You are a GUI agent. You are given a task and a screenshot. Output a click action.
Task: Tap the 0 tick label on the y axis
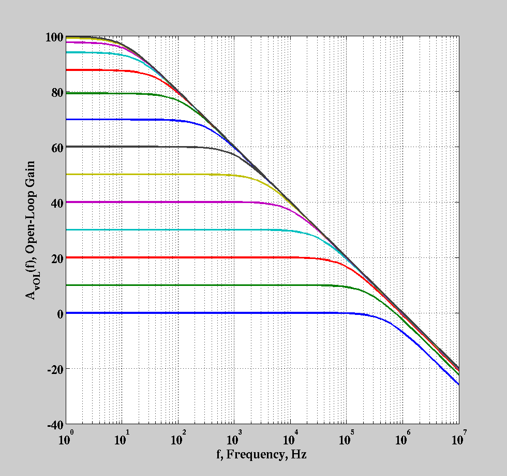click(x=59, y=313)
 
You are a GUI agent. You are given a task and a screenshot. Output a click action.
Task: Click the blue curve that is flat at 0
click(x=207, y=313)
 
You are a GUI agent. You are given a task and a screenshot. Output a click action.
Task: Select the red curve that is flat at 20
click(x=207, y=257)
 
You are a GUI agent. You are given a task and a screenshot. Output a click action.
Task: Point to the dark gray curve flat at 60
click(x=129, y=147)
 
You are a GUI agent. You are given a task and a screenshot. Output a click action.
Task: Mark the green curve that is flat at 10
click(x=207, y=285)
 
